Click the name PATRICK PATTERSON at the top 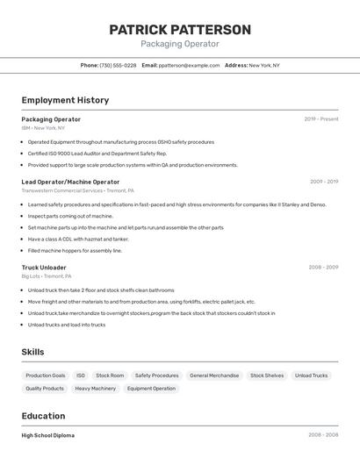pyautogui.click(x=180, y=30)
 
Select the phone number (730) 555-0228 pyautogui.click(x=118, y=65)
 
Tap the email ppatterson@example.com pyautogui.click(x=189, y=65)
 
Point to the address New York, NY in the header pyautogui.click(x=264, y=65)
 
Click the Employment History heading pyautogui.click(x=65, y=100)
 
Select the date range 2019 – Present pyautogui.click(x=320, y=119)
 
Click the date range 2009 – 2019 pyautogui.click(x=323, y=182)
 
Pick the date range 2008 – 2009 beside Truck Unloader pyautogui.click(x=323, y=268)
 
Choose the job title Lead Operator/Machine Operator pyautogui.click(x=70, y=182)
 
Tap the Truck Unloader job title pyautogui.click(x=44, y=268)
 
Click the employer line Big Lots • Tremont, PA pyautogui.click(x=47, y=276)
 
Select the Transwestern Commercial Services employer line pyautogui.click(x=77, y=190)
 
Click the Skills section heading pyautogui.click(x=32, y=352)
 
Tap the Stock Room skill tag pyautogui.click(x=110, y=376)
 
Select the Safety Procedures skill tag pyautogui.click(x=156, y=376)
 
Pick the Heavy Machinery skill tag pyautogui.click(x=95, y=388)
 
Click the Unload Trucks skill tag pyautogui.click(x=311, y=376)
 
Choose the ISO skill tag pyautogui.click(x=81, y=376)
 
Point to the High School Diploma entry pyautogui.click(x=48, y=435)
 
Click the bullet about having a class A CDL pyautogui.click(x=78, y=239)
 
